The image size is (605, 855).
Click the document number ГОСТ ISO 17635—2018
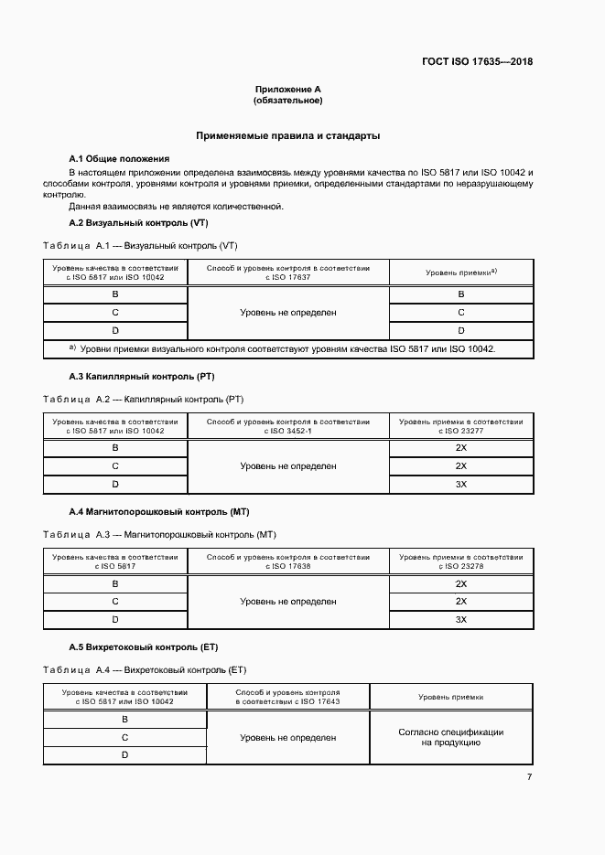[476, 62]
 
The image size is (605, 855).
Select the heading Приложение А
[288, 90]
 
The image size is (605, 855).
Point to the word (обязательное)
[288, 101]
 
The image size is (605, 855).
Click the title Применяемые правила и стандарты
[288, 135]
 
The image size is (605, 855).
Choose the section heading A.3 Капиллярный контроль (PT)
[142, 376]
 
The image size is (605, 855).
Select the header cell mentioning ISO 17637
[288, 272]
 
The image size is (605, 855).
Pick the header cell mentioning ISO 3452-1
[288, 426]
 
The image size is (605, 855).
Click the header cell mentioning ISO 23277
[461, 426]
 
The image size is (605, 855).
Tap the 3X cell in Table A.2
[461, 484]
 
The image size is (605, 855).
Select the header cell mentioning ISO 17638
[288, 561]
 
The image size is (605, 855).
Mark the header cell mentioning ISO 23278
[461, 561]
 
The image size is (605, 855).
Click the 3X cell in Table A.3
[461, 619]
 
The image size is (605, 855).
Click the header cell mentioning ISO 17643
[288, 697]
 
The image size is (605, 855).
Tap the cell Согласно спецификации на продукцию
[450, 738]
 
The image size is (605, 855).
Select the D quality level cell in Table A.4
[124, 754]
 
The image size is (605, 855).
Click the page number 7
[529, 777]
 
